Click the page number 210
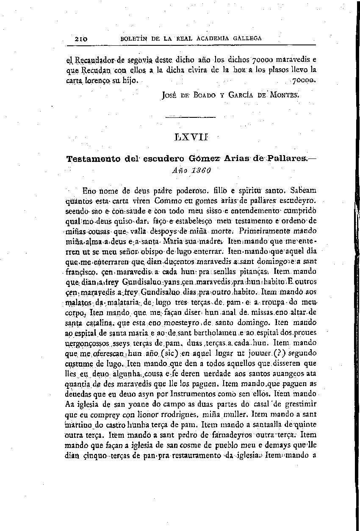[80, 38]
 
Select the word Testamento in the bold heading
[91, 159]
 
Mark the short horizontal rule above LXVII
[190, 117]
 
